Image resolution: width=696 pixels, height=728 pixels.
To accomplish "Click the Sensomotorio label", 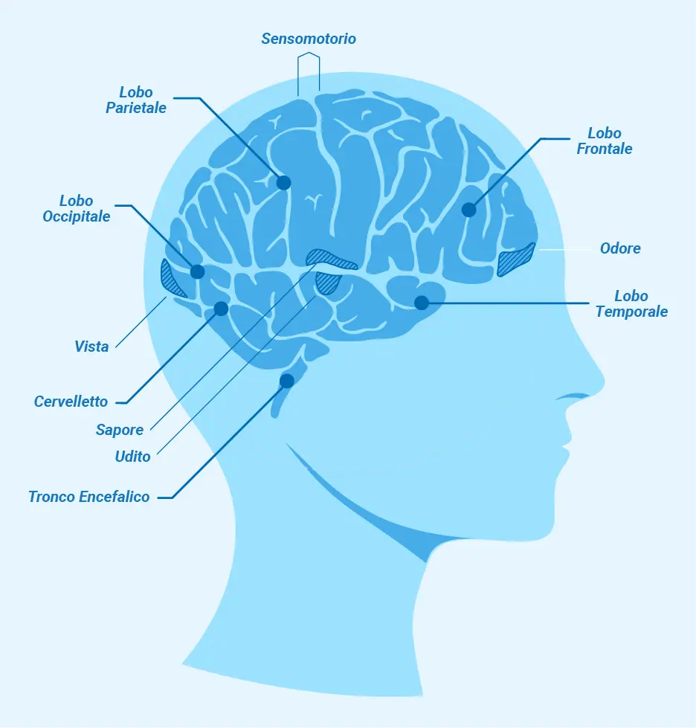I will [309, 38].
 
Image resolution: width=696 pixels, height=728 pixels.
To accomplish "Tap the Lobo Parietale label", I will [136, 100].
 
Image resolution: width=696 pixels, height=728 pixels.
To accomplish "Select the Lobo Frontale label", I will [605, 141].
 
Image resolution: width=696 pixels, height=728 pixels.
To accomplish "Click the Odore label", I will [620, 248].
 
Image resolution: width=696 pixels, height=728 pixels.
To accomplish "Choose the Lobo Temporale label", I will [631, 304].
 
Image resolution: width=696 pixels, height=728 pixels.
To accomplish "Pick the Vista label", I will [91, 347].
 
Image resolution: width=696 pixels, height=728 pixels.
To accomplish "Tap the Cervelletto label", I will [71, 402].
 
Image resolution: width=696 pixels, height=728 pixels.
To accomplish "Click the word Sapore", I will [120, 430].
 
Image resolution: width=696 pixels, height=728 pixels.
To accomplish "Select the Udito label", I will [132, 457].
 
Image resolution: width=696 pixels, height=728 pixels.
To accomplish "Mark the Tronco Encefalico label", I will [89, 497].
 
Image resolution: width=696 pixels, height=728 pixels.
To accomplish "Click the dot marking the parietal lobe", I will [283, 182].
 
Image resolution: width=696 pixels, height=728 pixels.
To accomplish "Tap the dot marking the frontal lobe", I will [468, 210].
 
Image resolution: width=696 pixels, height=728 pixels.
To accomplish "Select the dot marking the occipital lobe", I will [197, 271].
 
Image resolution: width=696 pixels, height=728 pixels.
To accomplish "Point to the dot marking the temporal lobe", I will [421, 303].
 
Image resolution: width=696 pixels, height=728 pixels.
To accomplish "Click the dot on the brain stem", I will [286, 381].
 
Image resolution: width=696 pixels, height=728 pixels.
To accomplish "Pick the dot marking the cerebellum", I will [221, 308].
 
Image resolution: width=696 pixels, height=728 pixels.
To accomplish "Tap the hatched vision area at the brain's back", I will [173, 280].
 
